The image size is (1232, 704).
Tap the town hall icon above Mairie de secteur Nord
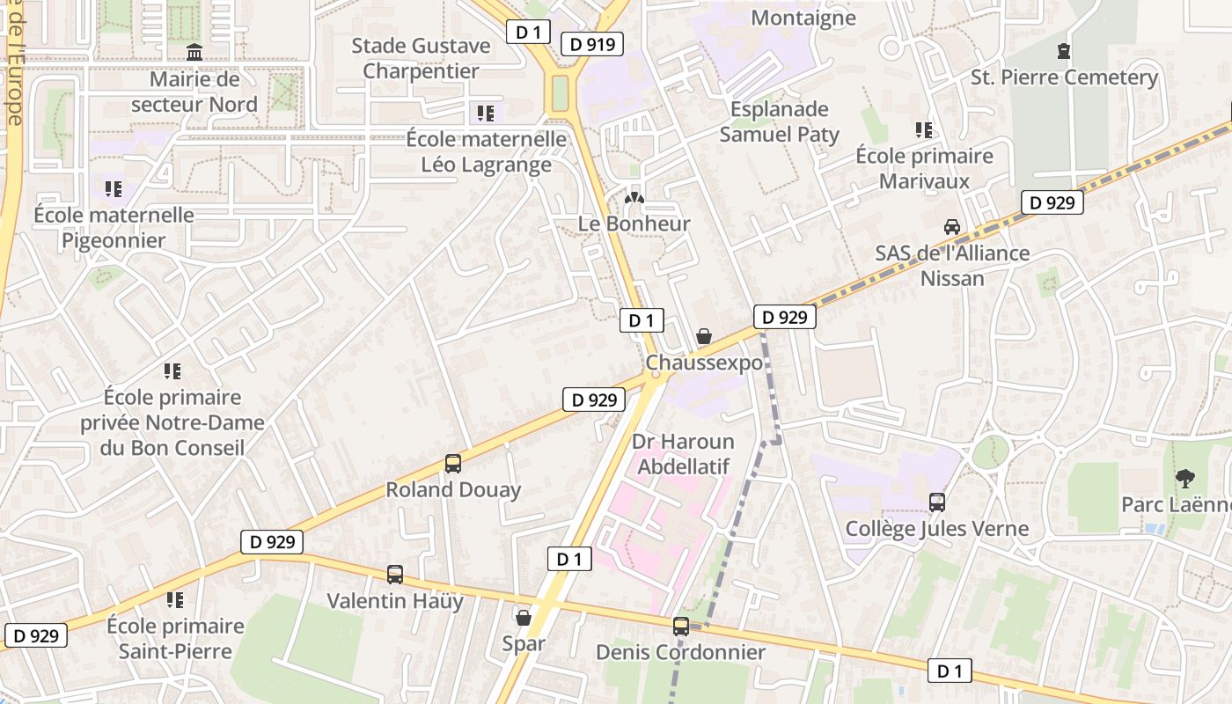(194, 53)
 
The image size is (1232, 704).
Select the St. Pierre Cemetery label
(1064, 77)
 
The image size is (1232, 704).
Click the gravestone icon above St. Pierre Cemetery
(1064, 51)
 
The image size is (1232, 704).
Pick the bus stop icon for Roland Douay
(453, 463)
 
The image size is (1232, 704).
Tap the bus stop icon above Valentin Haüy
(395, 575)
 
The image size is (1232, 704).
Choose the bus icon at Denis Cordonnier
(680, 627)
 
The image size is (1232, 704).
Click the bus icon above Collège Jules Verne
(937, 502)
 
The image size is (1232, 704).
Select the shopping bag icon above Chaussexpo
(703, 336)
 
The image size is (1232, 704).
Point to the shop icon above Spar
(523, 618)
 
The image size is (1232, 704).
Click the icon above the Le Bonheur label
(634, 198)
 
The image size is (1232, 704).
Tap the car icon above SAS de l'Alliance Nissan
(951, 227)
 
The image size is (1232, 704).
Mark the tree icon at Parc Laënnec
(1184, 479)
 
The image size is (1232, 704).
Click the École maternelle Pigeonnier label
(114, 228)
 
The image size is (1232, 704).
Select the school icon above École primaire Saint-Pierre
(174, 600)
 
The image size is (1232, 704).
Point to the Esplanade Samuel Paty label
(779, 121)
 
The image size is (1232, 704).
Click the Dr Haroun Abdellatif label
(683, 454)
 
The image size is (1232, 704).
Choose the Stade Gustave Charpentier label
(421, 58)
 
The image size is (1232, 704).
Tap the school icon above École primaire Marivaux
(923, 130)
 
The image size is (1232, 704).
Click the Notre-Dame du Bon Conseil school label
(172, 422)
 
